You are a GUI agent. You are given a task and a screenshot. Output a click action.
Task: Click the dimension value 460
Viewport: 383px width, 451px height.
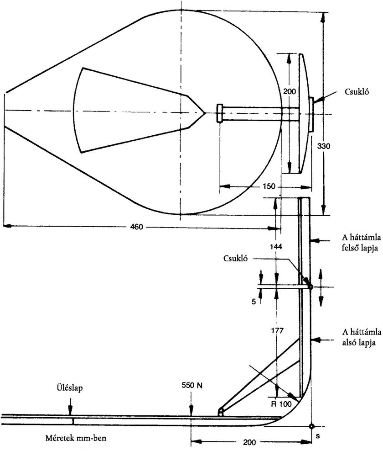(x=136, y=227)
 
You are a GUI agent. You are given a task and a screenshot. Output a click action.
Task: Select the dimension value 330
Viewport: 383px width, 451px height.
(x=324, y=146)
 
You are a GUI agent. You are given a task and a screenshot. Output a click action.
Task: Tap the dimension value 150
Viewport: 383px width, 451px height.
(x=269, y=186)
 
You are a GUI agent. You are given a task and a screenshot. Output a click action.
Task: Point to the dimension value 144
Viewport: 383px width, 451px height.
(x=276, y=246)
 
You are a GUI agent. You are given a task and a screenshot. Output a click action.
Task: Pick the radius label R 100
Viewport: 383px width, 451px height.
(x=281, y=404)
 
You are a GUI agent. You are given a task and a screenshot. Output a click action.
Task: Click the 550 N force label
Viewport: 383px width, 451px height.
(x=192, y=385)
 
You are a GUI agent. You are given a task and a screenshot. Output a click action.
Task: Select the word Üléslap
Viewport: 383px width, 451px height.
(x=69, y=388)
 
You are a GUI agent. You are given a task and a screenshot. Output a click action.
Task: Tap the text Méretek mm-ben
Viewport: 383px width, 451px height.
(x=76, y=438)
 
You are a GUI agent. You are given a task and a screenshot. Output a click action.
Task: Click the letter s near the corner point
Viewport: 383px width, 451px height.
(x=317, y=436)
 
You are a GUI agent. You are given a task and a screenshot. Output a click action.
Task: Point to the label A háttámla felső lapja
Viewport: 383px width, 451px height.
(x=362, y=243)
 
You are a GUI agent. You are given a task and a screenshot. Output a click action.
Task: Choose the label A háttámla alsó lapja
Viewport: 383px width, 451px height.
(x=362, y=337)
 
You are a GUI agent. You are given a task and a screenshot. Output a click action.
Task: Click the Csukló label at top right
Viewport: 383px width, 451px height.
(x=357, y=91)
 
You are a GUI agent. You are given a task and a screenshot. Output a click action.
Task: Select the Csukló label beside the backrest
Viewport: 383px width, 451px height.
(x=235, y=258)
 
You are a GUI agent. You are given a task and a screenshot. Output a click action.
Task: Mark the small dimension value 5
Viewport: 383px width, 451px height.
(x=254, y=302)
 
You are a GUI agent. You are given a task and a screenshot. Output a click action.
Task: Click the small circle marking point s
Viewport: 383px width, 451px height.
(x=311, y=426)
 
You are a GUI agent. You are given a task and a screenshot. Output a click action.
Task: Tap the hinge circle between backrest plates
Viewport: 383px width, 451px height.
(x=310, y=287)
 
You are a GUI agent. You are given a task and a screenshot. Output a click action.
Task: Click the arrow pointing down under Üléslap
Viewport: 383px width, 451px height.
(x=70, y=406)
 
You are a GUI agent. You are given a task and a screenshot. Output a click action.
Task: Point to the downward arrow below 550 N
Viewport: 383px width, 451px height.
(x=191, y=406)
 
